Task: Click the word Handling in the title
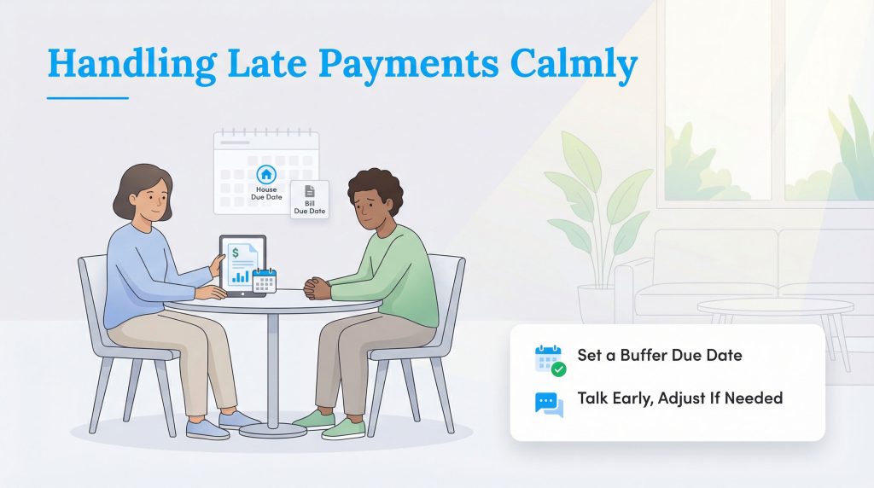[119, 65]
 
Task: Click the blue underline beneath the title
[87, 97]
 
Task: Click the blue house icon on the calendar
[266, 174]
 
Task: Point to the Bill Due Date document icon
[310, 192]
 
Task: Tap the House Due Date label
[266, 193]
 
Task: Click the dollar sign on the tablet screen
[234, 253]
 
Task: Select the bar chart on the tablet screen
[241, 276]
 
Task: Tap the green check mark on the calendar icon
[559, 369]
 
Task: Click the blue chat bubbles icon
[549, 404]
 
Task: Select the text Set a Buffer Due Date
[659, 355]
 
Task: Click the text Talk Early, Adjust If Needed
[679, 398]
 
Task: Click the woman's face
[149, 199]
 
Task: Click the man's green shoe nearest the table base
[313, 419]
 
